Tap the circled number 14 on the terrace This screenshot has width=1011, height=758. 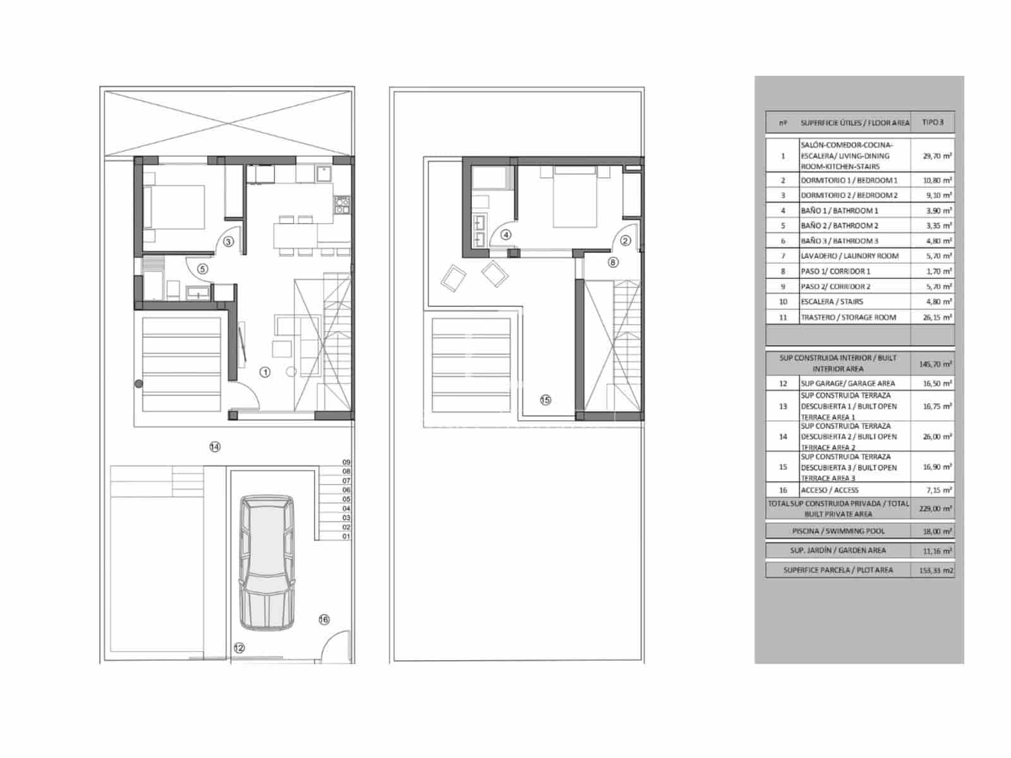pyautogui.click(x=215, y=447)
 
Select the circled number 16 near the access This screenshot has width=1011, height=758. pyautogui.click(x=324, y=620)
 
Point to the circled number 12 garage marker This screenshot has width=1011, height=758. pyautogui.click(x=239, y=647)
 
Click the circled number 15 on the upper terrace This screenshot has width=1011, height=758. pyautogui.click(x=545, y=399)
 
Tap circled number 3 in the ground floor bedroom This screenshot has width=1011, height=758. pyautogui.click(x=229, y=241)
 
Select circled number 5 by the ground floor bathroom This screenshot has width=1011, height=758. pyautogui.click(x=202, y=268)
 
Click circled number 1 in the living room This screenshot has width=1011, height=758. pyautogui.click(x=265, y=372)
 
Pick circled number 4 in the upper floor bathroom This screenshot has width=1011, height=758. pyautogui.click(x=505, y=235)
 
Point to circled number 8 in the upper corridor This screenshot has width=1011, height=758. pyautogui.click(x=612, y=262)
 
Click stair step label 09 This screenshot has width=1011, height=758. pyautogui.click(x=346, y=462)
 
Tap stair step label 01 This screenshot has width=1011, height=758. pyautogui.click(x=346, y=536)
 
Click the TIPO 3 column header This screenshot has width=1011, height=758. pyautogui.click(x=932, y=122)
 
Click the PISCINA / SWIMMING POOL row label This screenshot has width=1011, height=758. pyautogui.click(x=838, y=531)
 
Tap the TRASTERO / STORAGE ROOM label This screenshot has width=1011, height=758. pyautogui.click(x=848, y=317)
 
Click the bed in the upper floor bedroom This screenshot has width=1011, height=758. pyautogui.click(x=575, y=197)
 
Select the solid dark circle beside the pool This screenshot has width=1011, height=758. pyautogui.click(x=139, y=383)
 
